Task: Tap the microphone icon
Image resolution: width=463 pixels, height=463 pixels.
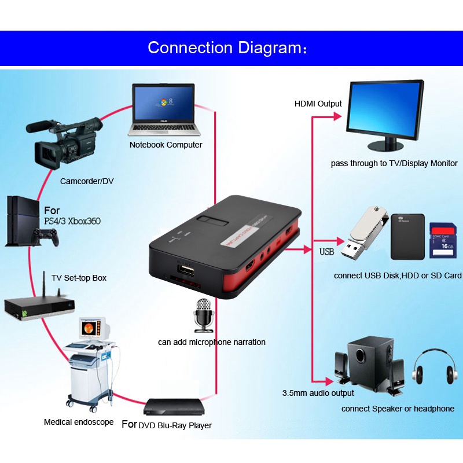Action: [203, 315]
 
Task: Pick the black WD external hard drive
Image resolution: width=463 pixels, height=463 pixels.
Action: [407, 236]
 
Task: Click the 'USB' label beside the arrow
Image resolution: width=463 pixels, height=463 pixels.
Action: [327, 252]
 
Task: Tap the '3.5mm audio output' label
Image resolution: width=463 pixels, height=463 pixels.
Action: [318, 393]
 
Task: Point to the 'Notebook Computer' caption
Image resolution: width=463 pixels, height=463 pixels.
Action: [166, 145]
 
